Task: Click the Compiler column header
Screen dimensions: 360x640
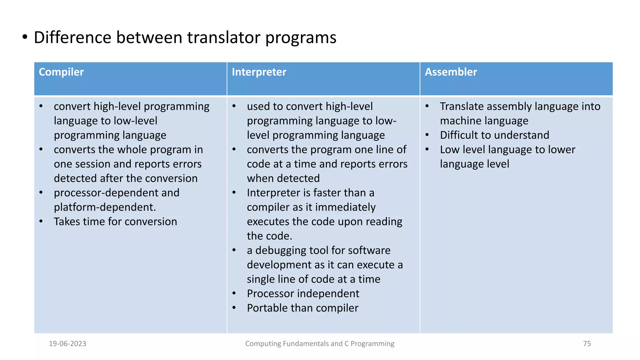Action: (61, 72)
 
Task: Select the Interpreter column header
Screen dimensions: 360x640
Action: (259, 72)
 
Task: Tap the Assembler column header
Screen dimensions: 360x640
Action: (451, 72)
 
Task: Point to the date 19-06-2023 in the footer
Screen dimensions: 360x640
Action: (67, 343)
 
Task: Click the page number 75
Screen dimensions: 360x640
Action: (587, 343)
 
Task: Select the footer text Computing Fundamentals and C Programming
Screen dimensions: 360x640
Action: (320, 343)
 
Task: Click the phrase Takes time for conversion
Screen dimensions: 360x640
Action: (115, 222)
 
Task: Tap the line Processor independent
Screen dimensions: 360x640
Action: (303, 293)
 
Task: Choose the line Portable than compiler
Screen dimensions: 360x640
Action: (302, 308)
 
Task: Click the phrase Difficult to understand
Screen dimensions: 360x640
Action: (494, 135)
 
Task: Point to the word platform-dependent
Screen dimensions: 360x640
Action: (105, 207)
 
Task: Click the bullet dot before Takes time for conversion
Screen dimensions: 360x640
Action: (41, 221)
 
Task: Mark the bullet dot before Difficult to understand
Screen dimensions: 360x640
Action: (427, 135)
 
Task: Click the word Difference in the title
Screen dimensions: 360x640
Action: (72, 37)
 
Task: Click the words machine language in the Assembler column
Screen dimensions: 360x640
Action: (484, 121)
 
